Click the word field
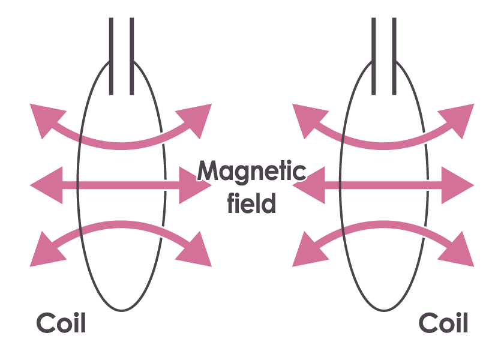coord(251,203)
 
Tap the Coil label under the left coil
coord(61,323)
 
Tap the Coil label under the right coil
coord(443,323)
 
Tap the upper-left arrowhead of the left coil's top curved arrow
coord(45,118)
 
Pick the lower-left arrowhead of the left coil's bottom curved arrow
coord(45,251)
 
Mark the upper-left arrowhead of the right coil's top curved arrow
coord(307,118)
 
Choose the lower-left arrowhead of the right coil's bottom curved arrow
coord(307,251)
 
